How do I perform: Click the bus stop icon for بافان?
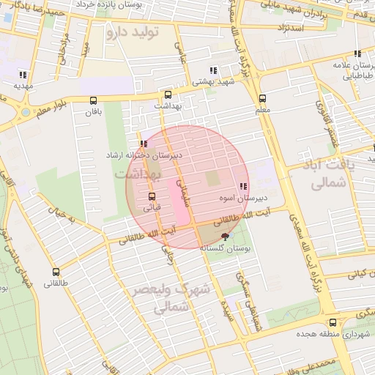92,101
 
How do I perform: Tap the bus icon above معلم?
263,98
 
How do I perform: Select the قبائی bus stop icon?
152,196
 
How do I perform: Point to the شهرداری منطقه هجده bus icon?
333,322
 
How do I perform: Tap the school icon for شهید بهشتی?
213,71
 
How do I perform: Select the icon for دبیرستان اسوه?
243,187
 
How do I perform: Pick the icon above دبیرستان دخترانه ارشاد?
144,144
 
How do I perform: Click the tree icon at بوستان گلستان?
225,236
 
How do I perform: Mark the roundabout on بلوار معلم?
27,114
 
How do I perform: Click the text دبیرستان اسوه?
243,198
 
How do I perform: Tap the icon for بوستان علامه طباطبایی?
357,53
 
